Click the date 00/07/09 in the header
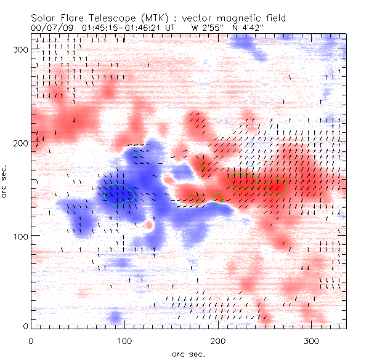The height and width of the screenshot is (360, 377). tap(49, 28)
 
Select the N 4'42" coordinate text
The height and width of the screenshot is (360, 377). tap(253, 28)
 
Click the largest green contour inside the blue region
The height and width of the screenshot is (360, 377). tap(119, 193)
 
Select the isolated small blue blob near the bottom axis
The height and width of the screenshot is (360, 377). tap(115, 318)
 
